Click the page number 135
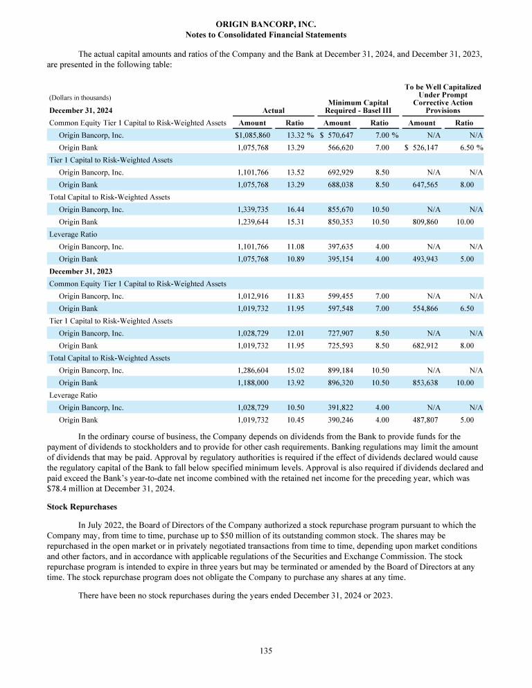pos(266,651)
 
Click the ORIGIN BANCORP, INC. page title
pos(266,24)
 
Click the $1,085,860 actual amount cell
pos(252,135)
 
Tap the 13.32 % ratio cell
pos(300,135)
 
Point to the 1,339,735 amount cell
pos(254,209)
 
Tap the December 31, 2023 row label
pos(81,271)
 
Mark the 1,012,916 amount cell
pos(254,296)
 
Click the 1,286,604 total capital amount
pos(254,371)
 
